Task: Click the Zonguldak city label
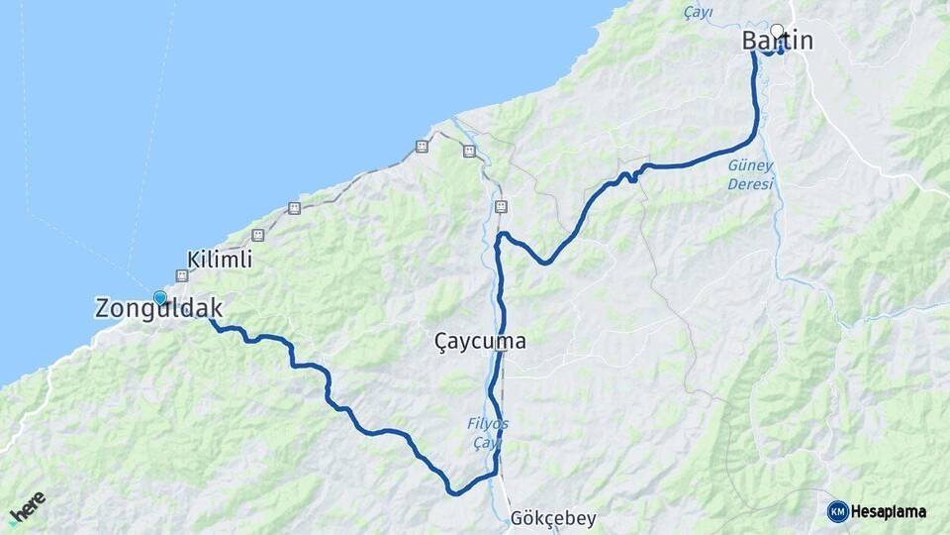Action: [x=158, y=308]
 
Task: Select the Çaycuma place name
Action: [x=480, y=342]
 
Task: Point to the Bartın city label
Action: [x=778, y=41]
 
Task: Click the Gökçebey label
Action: [x=553, y=519]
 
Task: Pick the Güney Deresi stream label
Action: [x=751, y=174]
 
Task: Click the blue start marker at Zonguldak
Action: [x=160, y=297]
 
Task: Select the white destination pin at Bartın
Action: [x=778, y=32]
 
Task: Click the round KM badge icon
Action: [x=837, y=511]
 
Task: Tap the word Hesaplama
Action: [x=889, y=512]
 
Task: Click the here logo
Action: [x=27, y=507]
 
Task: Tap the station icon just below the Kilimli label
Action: [x=182, y=275]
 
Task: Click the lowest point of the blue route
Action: [x=453, y=492]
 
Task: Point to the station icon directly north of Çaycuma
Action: [x=501, y=206]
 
